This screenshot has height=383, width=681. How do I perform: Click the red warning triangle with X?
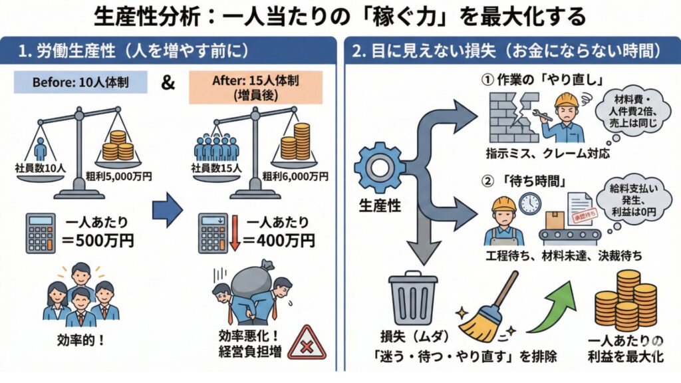pyautogui.click(x=307, y=342)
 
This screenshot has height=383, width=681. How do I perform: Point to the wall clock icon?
pyautogui.click(x=530, y=203)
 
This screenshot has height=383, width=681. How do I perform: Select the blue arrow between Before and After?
pyautogui.click(x=167, y=211)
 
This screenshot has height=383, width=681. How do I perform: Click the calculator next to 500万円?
pyautogui.click(x=41, y=233)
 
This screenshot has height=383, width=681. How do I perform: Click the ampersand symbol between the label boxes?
pyautogui.click(x=168, y=84)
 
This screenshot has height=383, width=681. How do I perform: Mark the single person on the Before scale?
pyautogui.click(x=40, y=149)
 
